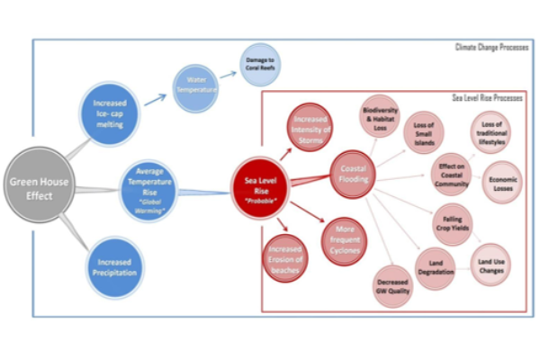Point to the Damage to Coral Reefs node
[x=259, y=63]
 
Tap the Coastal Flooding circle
[x=347, y=170]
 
